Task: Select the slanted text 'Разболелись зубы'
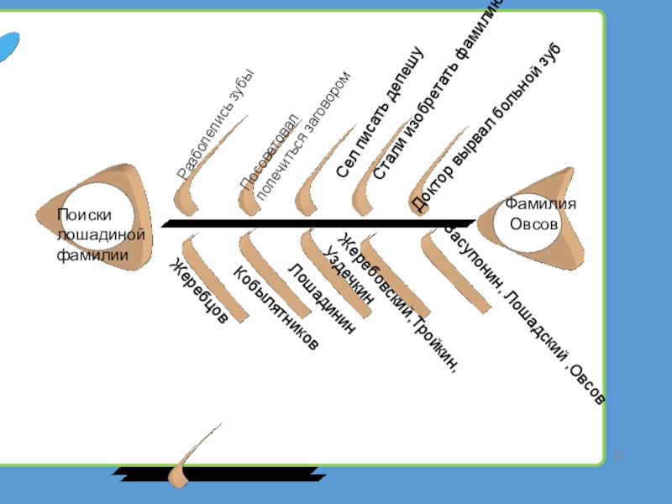pyautogui.click(x=215, y=127)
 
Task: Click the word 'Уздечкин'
pyautogui.click(x=347, y=272)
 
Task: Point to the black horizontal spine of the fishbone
pyautogui.click(x=319, y=223)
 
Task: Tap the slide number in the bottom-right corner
pyautogui.click(x=619, y=456)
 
